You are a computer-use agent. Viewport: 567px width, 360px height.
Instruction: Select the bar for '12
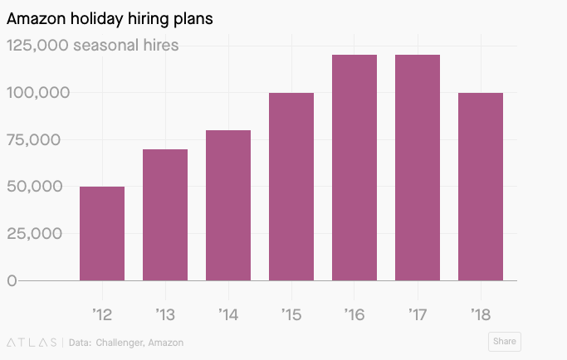point(102,233)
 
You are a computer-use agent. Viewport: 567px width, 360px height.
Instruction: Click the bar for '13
point(165,215)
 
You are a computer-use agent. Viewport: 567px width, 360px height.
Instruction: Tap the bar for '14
point(228,205)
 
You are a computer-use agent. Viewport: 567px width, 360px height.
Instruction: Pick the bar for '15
point(291,187)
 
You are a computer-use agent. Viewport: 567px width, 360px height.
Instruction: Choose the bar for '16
point(354,168)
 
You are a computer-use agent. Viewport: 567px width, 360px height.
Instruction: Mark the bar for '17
point(418,168)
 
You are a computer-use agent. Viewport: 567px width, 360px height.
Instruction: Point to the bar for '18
point(481,187)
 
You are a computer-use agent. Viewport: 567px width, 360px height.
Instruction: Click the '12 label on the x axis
point(102,314)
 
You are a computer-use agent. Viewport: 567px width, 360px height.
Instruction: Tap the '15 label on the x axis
point(291,314)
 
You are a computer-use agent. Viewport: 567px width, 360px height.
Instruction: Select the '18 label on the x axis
point(481,314)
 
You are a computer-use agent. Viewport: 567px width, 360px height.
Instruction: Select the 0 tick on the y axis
point(12,280)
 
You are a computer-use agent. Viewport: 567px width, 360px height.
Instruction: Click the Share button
point(504,341)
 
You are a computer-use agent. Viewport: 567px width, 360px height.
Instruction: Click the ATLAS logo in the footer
point(32,342)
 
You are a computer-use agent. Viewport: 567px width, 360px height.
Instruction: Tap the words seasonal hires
point(125,45)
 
